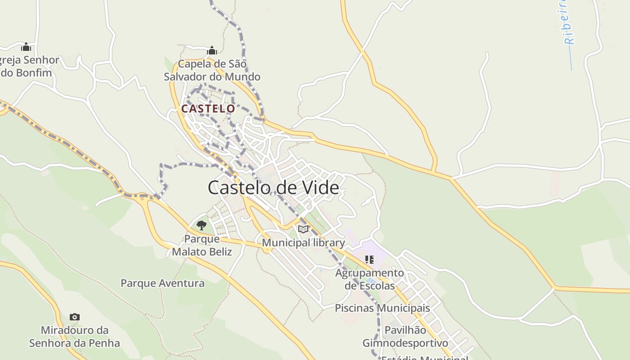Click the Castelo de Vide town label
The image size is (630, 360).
(273, 187)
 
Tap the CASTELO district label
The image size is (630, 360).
(208, 109)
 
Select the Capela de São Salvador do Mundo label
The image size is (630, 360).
(212, 70)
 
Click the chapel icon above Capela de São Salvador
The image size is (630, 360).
(212, 50)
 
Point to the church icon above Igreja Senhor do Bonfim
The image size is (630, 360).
(26, 47)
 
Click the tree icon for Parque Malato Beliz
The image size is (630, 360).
(202, 225)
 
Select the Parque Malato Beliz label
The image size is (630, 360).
(202, 245)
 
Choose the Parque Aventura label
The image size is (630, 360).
(162, 283)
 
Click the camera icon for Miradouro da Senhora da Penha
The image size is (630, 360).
(75, 317)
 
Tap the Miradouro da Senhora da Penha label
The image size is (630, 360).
(75, 337)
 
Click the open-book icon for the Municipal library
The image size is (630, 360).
(303, 229)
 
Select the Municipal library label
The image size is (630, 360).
(303, 243)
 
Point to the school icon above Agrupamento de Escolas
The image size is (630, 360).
(369, 259)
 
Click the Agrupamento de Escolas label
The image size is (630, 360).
(369, 279)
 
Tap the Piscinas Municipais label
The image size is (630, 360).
(382, 308)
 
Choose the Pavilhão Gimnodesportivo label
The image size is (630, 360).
(405, 337)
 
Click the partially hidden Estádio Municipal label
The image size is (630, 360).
(424, 358)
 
